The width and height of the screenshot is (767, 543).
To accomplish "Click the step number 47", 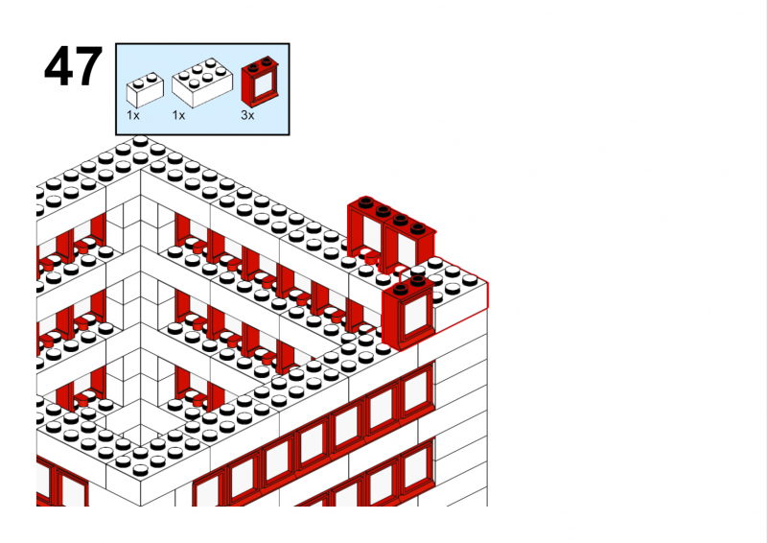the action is pos(74,66).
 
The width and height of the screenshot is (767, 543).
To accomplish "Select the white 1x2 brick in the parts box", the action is pos(145,90).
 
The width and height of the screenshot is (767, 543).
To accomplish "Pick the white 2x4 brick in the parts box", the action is pos(202,83).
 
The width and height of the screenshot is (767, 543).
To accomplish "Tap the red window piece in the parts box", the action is pos(261,82).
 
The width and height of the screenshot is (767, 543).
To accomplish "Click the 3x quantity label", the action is pos(247,115).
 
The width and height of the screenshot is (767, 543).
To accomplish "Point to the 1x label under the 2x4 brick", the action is pos(178,115).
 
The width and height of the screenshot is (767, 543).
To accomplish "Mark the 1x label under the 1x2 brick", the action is pos(133,115).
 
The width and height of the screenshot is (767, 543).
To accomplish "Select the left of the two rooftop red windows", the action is pos(365,231).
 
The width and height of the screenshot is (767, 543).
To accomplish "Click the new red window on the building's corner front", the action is pos(407,313).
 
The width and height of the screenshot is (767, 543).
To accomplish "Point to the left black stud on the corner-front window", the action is pos(401,290).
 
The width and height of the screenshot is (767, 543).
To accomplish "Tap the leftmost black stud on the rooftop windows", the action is pos(365,201).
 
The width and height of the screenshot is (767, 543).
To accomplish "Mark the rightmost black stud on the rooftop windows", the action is pos(418,227).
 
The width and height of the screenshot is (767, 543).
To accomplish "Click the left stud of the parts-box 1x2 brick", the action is pos(138,83).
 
